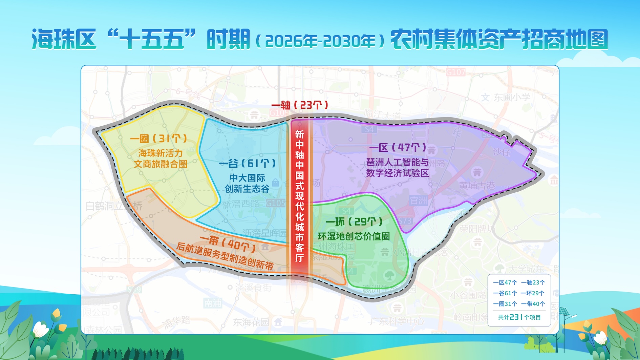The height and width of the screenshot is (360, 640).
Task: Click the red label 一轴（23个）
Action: click(x=300, y=105)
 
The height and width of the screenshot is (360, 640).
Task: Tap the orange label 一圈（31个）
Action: click(x=158, y=139)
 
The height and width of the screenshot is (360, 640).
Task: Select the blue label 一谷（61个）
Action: click(x=247, y=164)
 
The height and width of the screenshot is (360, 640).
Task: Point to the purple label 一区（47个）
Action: click(x=398, y=148)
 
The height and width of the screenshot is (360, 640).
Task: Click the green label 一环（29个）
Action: click(x=354, y=222)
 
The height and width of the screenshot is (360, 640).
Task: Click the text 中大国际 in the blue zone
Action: click(x=247, y=178)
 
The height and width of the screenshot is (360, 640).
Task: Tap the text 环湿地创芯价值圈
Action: click(x=354, y=236)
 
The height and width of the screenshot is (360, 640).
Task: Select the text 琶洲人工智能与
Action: click(x=398, y=162)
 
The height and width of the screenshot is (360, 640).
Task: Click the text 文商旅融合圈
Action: click(x=161, y=164)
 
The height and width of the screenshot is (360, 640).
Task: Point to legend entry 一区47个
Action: click(x=505, y=282)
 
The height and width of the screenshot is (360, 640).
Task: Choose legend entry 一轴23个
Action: click(x=533, y=282)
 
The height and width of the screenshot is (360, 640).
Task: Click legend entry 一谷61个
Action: click(x=505, y=293)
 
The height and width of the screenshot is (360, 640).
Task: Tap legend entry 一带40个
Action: click(x=533, y=304)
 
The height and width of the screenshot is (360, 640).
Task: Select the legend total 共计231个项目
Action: click(x=519, y=317)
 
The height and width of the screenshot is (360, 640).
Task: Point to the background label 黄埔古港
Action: click(x=477, y=186)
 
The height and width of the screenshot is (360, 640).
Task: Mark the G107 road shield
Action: click(x=455, y=72)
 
